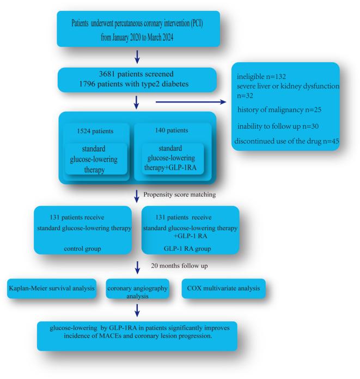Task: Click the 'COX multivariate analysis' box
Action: pyautogui.click(x=223, y=287)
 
